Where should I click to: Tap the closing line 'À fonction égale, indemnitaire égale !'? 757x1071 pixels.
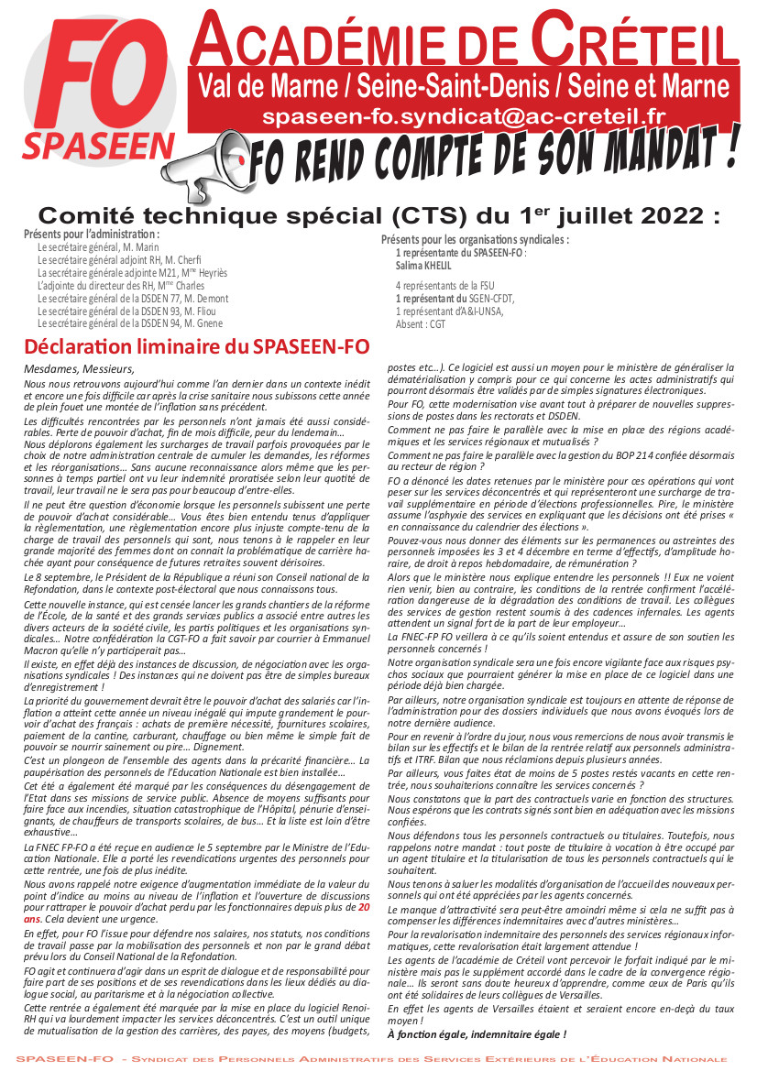pos(477,1034)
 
